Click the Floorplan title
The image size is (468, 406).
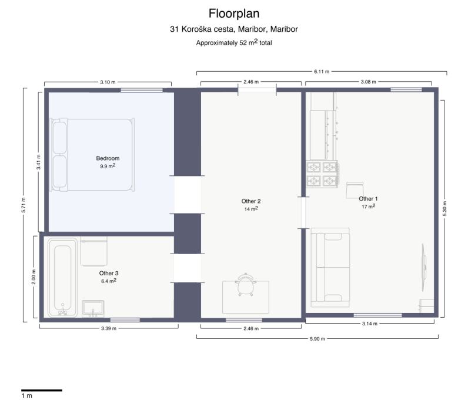tap(233, 14)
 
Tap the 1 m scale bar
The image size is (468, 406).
tap(42, 390)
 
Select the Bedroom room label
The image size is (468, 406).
tap(108, 158)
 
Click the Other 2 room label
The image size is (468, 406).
tap(251, 201)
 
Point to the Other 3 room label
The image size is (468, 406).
tap(109, 274)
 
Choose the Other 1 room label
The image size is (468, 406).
tap(368, 199)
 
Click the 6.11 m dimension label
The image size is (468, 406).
tap(322, 72)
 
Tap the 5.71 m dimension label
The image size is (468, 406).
tap(24, 205)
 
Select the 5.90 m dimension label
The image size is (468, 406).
tap(317, 339)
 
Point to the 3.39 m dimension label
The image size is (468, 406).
tap(109, 328)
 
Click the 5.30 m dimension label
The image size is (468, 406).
tap(444, 208)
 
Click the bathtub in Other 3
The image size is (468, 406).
tap(62, 277)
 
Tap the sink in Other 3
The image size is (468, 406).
tap(93, 308)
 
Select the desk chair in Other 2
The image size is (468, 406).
tap(246, 284)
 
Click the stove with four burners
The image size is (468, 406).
tap(322, 174)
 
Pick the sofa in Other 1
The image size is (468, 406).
tap(330, 267)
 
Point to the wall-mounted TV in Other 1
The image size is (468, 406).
tap(423, 267)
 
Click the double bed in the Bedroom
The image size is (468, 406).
tap(92, 155)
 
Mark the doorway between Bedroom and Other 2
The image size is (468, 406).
tap(188, 195)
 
